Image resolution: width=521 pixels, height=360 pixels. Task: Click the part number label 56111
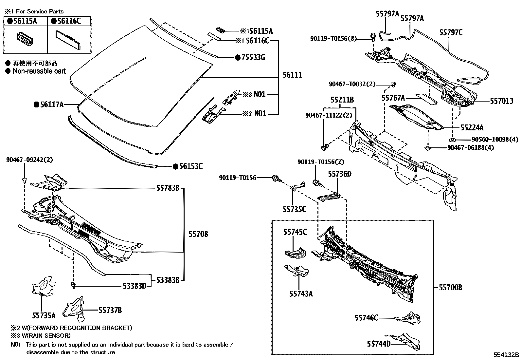[x=290, y=75]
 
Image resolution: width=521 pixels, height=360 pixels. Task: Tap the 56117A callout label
[x=51, y=104]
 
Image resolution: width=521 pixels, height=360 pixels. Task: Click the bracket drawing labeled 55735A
[x=43, y=287]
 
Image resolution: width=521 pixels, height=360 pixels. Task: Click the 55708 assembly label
[x=198, y=234]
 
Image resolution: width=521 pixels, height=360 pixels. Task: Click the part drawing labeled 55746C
[x=407, y=317]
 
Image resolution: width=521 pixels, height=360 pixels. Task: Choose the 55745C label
[x=295, y=232]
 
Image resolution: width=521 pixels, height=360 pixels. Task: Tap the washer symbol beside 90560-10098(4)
[x=452, y=139]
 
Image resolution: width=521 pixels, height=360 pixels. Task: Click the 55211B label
[x=342, y=100]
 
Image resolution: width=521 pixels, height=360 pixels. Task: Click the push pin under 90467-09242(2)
[x=25, y=180]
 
